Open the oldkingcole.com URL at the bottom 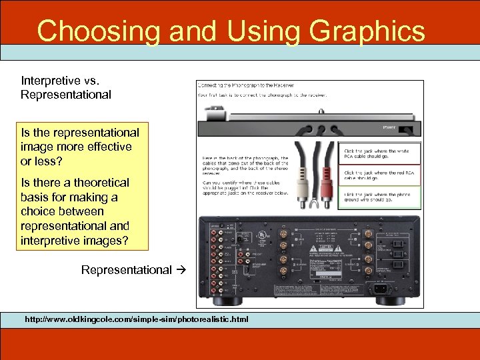pyautogui.click(x=136, y=319)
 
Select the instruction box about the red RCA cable pyautogui.click(x=381, y=176)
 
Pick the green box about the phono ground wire pyautogui.click(x=381, y=197)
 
